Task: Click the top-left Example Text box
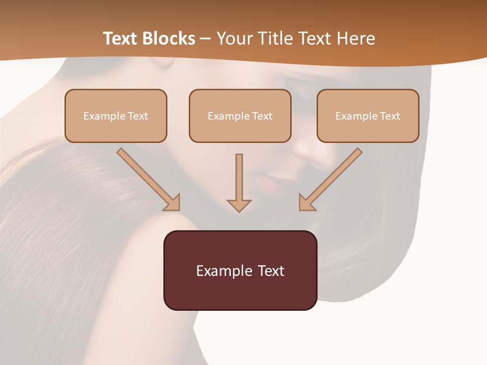[116, 116]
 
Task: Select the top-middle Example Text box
[240, 116]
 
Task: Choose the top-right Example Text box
[368, 116]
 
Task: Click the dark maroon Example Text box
[240, 270]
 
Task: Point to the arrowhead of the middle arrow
[239, 205]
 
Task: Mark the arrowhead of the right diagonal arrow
[306, 203]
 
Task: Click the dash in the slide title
[205, 39]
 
